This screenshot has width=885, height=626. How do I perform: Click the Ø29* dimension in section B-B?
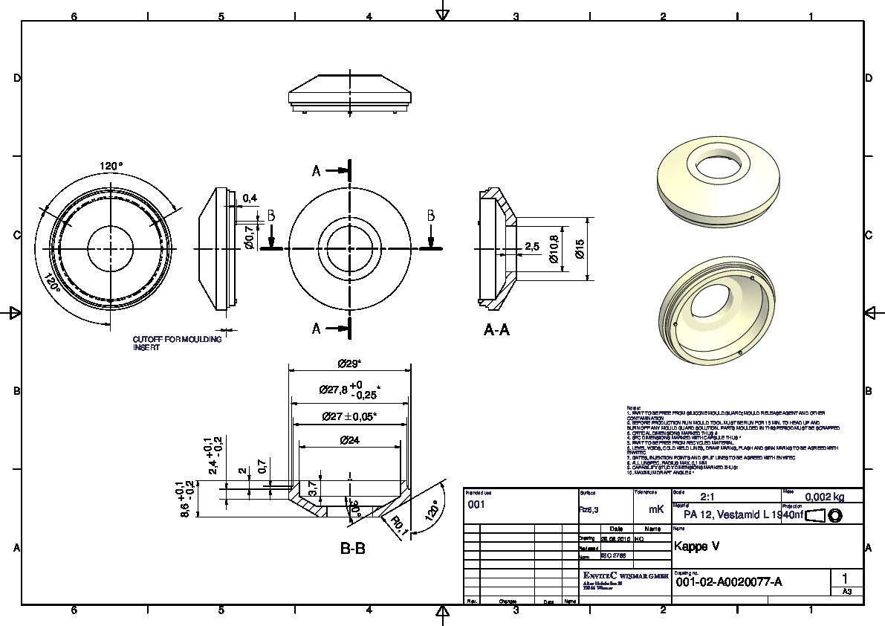(349, 364)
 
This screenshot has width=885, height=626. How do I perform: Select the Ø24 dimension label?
(349, 440)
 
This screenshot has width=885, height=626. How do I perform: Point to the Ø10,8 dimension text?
(553, 248)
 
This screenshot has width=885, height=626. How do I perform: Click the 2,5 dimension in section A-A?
(532, 246)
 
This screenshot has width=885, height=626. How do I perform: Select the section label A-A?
(496, 329)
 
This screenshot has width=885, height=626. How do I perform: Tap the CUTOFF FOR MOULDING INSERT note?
(177, 343)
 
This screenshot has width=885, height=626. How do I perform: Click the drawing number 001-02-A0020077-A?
(730, 582)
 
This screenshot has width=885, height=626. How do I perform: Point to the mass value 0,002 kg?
(825, 498)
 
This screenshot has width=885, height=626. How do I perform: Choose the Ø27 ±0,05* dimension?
(349, 416)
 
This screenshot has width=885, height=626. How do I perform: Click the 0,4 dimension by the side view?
(250, 198)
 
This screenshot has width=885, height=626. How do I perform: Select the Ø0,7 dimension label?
(250, 237)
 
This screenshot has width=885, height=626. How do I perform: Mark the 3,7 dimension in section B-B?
(313, 489)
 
